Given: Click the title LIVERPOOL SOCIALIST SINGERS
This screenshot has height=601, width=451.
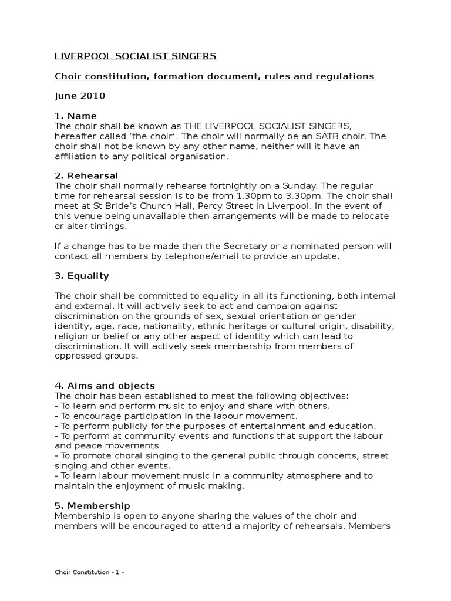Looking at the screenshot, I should point(136,56).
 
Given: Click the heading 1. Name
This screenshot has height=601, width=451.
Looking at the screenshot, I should point(76,116).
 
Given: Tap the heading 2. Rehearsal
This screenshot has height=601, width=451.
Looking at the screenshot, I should point(86,175).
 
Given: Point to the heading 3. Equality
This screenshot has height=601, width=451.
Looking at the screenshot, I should point(82,275).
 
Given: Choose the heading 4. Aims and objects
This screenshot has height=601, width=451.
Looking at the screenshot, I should point(105,386).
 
